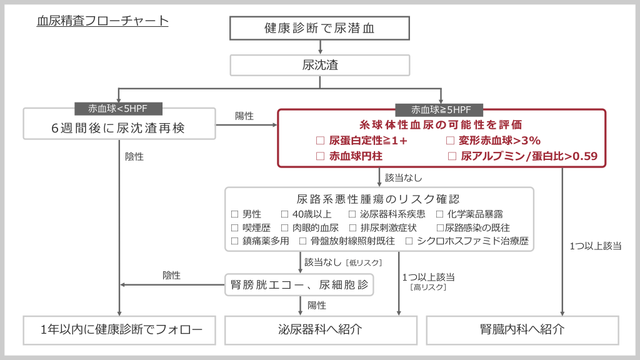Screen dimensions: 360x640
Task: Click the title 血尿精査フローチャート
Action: (x=102, y=21)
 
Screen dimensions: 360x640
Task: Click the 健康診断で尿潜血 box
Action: (x=319, y=28)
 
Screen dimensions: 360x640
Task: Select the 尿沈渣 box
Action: (x=319, y=65)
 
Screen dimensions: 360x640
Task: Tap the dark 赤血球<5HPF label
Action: (x=119, y=109)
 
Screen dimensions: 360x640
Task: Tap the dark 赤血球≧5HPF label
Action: (x=441, y=109)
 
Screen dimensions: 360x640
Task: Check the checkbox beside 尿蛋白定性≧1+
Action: (x=321, y=141)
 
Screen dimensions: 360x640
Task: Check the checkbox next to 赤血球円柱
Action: (x=321, y=156)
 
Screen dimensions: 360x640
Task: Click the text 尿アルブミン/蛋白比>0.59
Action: (x=528, y=156)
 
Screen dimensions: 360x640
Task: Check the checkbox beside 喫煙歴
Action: (x=235, y=227)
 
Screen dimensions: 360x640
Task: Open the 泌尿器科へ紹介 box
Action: (x=320, y=329)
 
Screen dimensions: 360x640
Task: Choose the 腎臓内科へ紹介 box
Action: (x=522, y=329)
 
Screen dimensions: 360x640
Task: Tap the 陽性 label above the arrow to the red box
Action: (x=244, y=116)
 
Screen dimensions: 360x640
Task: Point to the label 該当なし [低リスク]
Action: (x=342, y=262)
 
